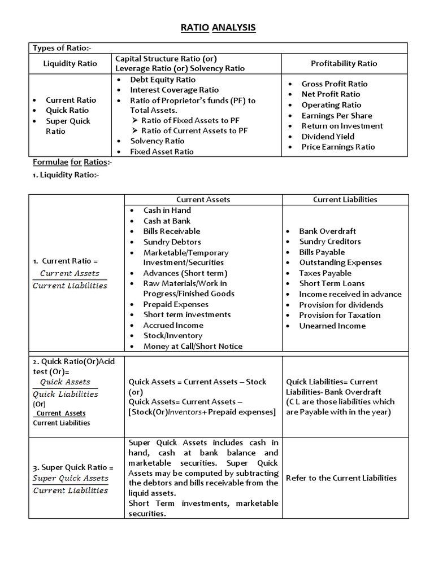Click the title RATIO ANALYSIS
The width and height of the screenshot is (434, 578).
[x=218, y=27]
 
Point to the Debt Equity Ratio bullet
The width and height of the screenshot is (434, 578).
[x=163, y=80]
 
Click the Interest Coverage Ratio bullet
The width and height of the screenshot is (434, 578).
[x=174, y=90]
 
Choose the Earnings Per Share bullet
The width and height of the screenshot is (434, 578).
[x=337, y=115]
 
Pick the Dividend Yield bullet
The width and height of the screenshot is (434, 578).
[x=328, y=136]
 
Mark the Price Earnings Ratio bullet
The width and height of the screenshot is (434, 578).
[x=338, y=147]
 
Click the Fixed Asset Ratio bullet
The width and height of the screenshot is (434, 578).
[x=162, y=151]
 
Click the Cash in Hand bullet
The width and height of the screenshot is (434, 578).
[x=167, y=210]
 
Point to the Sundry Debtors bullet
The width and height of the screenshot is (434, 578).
[x=172, y=242]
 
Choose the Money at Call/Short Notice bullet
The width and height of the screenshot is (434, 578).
[x=193, y=346]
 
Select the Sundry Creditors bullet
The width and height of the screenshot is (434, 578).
[x=330, y=242]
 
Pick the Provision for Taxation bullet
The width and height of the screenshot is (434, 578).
[x=340, y=315]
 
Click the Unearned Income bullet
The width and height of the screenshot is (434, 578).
[x=332, y=326]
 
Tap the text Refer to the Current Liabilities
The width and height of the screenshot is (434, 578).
[x=341, y=478]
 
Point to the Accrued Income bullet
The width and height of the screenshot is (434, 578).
[x=173, y=325]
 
